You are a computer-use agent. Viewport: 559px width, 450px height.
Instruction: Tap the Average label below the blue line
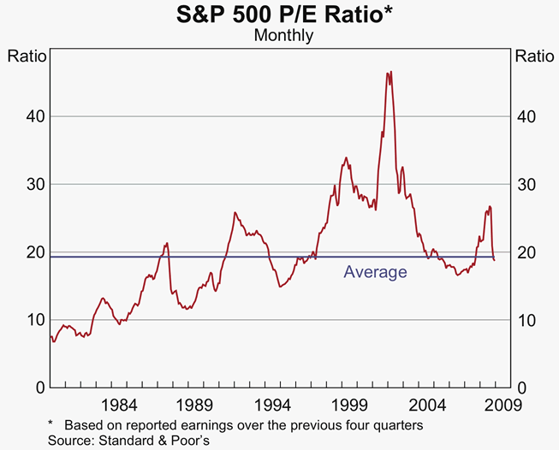tap(375, 272)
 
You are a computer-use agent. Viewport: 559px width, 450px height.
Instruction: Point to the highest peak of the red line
tap(390, 72)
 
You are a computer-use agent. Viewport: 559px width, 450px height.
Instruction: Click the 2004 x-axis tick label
tap(427, 405)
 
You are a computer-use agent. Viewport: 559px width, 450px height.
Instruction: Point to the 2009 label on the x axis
tap(494, 405)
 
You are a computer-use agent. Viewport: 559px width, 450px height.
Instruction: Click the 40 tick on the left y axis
tap(34, 116)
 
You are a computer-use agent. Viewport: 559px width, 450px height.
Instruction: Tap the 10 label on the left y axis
tap(34, 320)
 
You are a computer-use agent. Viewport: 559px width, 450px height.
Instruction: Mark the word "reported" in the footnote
tap(136, 425)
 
